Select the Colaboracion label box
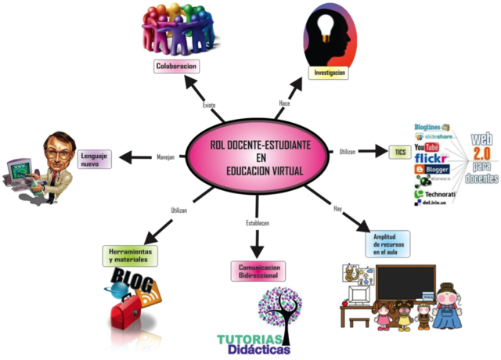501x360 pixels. pos(175,67)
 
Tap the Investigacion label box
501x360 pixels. pos(330,73)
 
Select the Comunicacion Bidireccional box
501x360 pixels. pos(258,271)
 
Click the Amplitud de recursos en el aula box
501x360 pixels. pos(389,245)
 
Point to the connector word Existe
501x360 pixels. pos(209,105)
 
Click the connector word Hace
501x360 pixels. pos(285,103)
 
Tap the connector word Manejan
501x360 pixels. pos(165,157)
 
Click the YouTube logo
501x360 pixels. pos(427,146)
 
